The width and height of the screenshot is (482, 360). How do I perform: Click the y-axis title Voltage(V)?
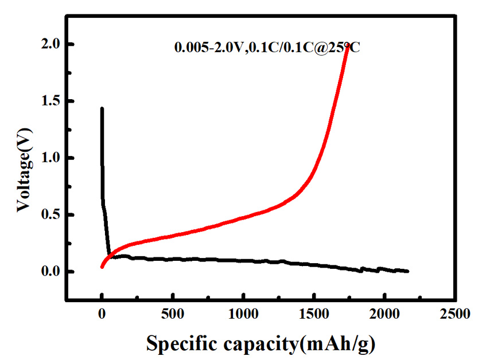click(x=23, y=158)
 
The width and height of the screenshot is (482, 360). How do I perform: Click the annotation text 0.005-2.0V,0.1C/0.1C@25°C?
click(x=267, y=48)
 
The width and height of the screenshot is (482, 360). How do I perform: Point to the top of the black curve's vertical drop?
click(x=102, y=108)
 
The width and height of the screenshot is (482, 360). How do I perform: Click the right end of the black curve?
click(x=407, y=271)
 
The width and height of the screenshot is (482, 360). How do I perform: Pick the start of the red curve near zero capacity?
click(x=102, y=267)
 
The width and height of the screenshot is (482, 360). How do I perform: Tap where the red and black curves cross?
click(x=109, y=256)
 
